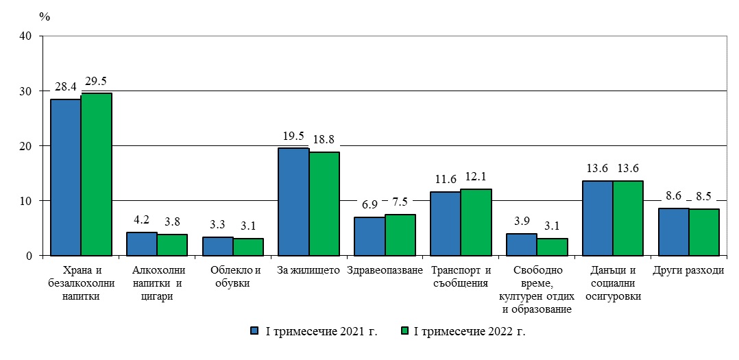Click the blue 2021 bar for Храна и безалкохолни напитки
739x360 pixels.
pos(66,177)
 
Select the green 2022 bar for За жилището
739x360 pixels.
pos(324,203)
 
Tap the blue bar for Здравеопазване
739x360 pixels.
pos(369,236)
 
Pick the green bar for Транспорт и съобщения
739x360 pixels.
pos(475,222)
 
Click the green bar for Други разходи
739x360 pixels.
pos(703,232)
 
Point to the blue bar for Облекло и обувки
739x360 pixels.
pos(217,246)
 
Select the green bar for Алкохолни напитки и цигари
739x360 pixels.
pos(172,245)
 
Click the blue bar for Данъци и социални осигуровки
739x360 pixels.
pos(596,218)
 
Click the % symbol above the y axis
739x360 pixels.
pos(45,16)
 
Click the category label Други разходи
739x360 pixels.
pos(688,270)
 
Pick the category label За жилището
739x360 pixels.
pos(308,270)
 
